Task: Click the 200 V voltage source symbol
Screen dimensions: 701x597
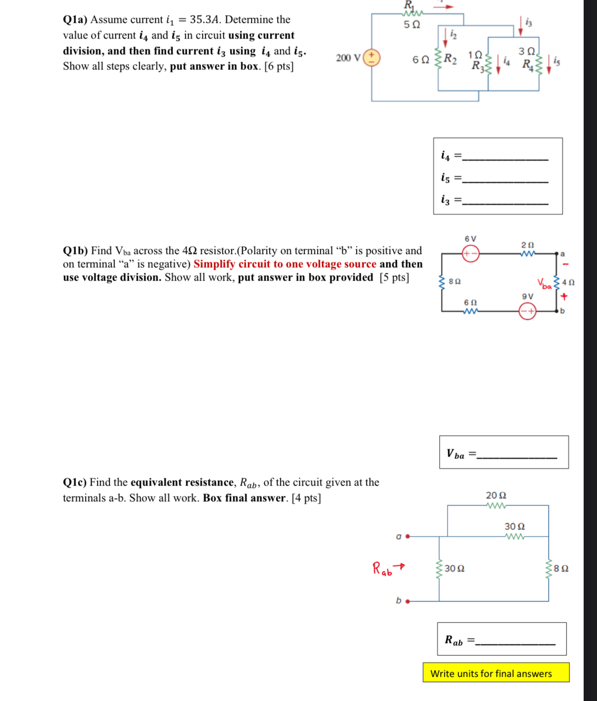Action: coord(372,58)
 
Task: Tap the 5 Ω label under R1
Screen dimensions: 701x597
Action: coord(412,24)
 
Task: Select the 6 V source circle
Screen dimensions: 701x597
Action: coord(471,253)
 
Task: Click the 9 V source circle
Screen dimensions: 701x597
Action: coord(527,312)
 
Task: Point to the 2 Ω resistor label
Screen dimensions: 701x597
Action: coord(528,244)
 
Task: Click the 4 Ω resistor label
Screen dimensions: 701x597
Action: coord(568,282)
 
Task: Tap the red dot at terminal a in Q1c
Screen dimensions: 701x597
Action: coord(408,536)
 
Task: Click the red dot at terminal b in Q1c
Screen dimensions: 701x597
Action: coord(408,601)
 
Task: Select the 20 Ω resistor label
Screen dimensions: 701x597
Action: coord(496,496)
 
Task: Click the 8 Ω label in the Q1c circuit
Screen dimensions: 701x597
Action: coord(561,568)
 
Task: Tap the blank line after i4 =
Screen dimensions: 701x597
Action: coord(505,158)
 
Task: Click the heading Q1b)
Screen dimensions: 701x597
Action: coord(75,251)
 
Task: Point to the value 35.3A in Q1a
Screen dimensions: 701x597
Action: coord(204,19)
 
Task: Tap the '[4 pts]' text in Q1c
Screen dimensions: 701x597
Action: coord(306,498)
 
